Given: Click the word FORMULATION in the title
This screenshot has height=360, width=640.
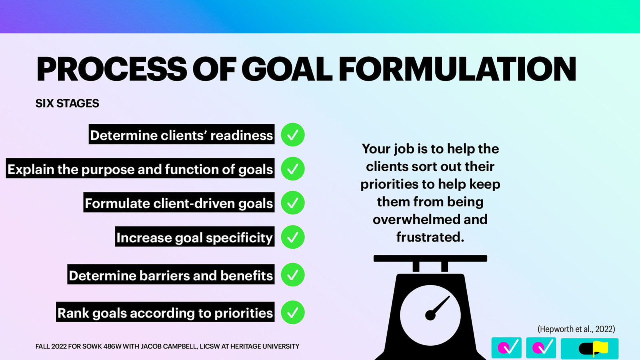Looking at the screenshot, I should (x=457, y=69).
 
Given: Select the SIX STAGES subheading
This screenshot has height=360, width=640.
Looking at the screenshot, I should (x=67, y=104).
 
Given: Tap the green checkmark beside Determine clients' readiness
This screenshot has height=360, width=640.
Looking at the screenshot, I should (x=293, y=135).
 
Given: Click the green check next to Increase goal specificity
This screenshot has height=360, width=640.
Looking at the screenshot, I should (x=293, y=237).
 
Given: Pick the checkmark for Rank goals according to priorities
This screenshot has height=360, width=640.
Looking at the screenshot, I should (x=293, y=312).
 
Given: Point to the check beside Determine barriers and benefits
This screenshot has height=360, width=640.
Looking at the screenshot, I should (x=293, y=275).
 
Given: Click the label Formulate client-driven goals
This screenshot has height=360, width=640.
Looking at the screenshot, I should (x=179, y=203).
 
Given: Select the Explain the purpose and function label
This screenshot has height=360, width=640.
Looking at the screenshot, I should (x=140, y=169).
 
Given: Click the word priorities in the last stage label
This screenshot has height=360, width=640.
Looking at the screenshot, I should (x=243, y=313).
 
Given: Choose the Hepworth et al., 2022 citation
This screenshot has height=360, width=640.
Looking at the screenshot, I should (x=576, y=329).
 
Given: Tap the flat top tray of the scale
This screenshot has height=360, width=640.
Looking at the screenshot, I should (x=430, y=258).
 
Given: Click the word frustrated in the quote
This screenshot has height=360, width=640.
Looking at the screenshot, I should (x=430, y=237).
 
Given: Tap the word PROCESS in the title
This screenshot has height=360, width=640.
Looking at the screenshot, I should (x=112, y=69).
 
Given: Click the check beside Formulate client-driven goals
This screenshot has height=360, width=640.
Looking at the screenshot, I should (x=293, y=203).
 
